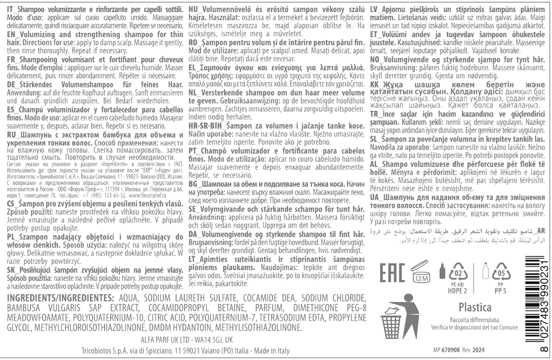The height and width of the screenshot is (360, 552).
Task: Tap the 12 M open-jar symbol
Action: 422,271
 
